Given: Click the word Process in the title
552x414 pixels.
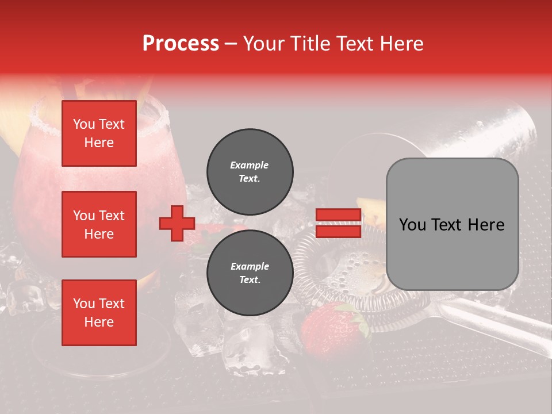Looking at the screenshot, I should [181, 44].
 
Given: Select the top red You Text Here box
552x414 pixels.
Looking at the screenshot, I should [99, 133].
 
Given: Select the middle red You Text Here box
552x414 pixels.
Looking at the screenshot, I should [99, 224].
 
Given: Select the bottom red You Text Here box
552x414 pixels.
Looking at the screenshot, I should [99, 313].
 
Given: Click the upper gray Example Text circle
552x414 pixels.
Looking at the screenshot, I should [250, 171].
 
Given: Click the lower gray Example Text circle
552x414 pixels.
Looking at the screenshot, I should [250, 273].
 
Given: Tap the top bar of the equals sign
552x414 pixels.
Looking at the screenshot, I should [339, 215].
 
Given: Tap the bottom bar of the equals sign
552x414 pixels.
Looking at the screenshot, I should [339, 231].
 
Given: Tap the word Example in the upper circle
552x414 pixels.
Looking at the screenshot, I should [250, 165].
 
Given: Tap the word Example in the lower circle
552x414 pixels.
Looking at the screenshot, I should [250, 266].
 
